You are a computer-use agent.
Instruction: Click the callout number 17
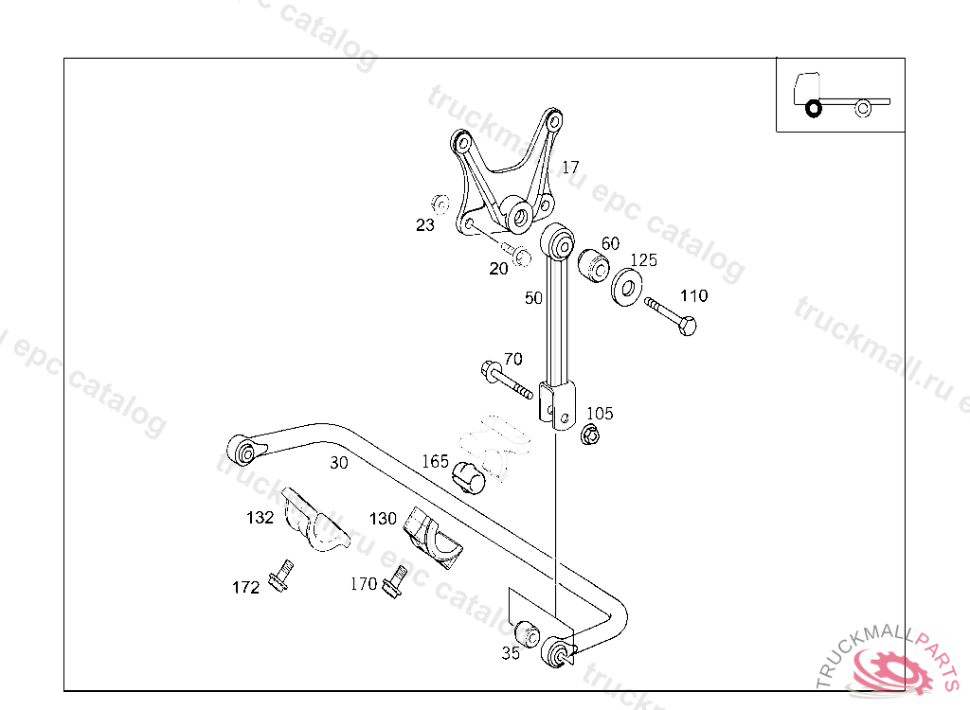570,168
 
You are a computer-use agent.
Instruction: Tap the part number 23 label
425,225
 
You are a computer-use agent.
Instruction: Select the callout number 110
693,296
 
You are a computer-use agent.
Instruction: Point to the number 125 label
643,259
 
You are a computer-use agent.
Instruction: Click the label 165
435,462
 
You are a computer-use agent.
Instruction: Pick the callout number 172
245,588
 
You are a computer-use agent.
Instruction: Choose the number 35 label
511,653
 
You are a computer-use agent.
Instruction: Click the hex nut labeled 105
588,435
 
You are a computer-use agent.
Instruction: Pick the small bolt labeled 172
279,576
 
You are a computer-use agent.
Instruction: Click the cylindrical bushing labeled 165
470,477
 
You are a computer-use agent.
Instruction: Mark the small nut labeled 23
440,204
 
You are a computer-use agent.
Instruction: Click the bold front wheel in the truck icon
813,109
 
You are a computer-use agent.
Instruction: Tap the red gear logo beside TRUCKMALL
891,672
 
